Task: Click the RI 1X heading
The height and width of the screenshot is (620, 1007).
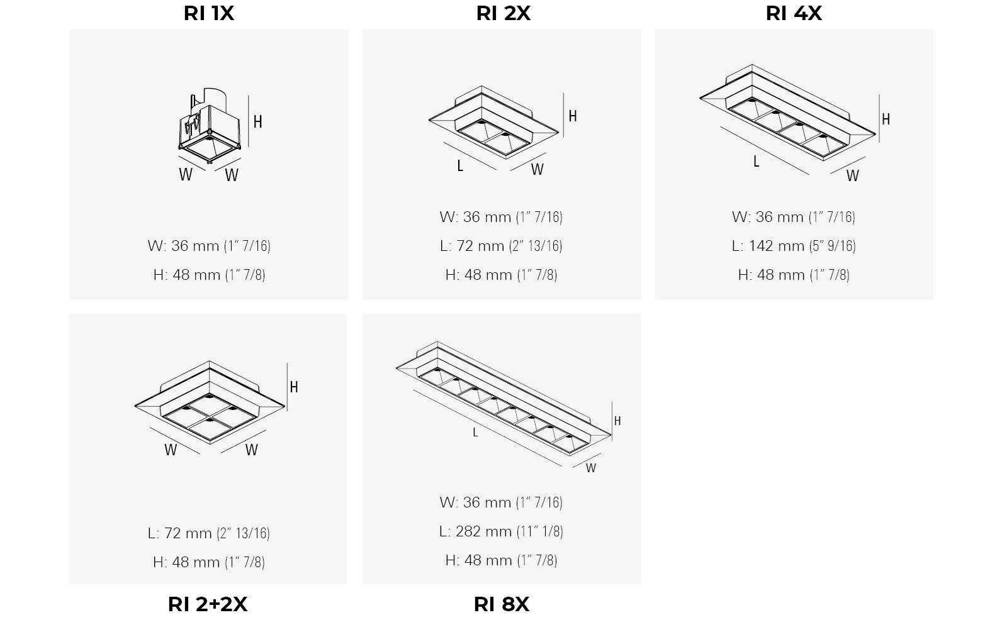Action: point(209,13)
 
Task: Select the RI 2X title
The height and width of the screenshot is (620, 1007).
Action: point(503,13)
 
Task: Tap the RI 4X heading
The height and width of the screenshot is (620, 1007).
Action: point(794,13)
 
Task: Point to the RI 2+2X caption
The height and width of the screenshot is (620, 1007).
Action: point(208,604)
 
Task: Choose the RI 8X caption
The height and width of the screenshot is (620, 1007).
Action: point(502,604)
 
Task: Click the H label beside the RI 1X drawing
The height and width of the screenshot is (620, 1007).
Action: point(257,122)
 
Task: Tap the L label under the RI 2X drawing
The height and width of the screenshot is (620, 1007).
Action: point(460,166)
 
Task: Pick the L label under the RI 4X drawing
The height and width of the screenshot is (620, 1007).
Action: point(756,162)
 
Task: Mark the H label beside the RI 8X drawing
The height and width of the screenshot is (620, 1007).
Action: point(617,421)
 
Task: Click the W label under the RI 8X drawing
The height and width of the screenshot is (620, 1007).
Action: point(591,468)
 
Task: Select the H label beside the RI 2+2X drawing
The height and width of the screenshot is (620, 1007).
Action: point(293,387)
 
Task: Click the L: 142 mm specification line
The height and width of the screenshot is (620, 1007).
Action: point(794,246)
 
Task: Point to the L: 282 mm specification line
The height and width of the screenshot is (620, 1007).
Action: point(501,531)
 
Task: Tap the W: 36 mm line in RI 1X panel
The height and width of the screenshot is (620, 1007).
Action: point(209,246)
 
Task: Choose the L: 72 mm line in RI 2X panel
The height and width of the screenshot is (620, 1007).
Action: point(501,246)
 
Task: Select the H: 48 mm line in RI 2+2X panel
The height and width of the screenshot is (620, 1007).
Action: point(209,562)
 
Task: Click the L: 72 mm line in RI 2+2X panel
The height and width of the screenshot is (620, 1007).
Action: point(209,533)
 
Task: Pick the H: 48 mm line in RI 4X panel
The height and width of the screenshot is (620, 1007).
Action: point(794,275)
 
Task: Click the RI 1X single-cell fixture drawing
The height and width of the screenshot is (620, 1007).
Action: point(210,125)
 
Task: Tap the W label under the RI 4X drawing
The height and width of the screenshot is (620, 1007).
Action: point(852,175)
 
